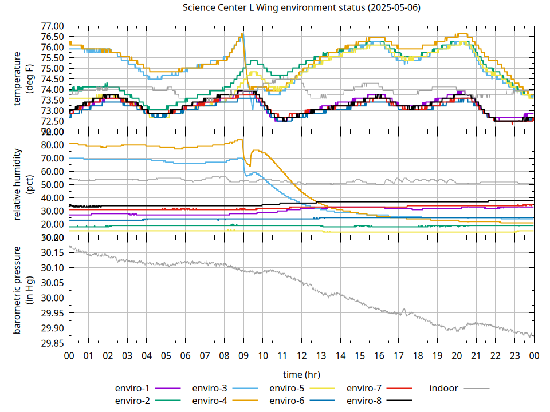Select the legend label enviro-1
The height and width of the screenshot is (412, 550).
click(x=132, y=389)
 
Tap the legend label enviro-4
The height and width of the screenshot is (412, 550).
click(x=210, y=401)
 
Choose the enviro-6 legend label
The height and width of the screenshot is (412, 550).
click(x=287, y=401)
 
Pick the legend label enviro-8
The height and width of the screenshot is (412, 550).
click(x=364, y=401)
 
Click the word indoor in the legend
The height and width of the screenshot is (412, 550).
click(x=443, y=389)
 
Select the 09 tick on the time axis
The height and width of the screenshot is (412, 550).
click(x=243, y=356)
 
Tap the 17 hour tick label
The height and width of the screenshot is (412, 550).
click(x=398, y=356)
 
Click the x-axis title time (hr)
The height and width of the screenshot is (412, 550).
click(x=301, y=374)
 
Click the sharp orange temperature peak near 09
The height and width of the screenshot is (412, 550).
click(x=242, y=34)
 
